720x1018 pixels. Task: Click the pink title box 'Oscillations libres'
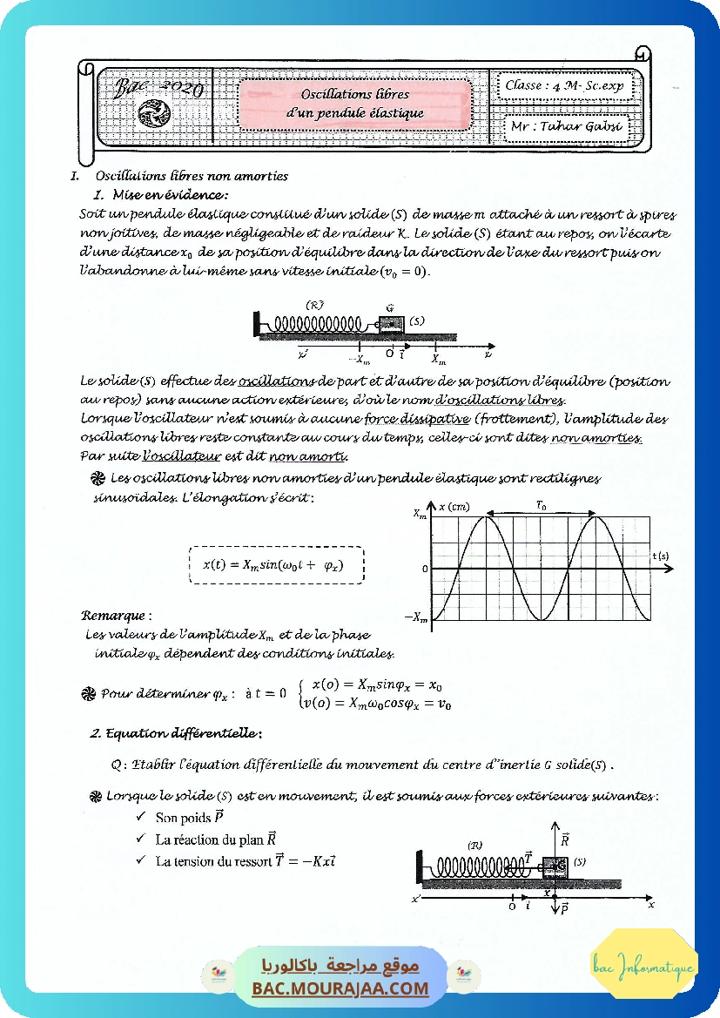click(x=354, y=103)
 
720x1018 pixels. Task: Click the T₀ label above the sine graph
click(x=541, y=505)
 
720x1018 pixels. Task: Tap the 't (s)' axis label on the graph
click(x=661, y=555)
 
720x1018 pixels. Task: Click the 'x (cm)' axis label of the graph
click(x=454, y=507)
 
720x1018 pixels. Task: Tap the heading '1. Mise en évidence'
click(x=160, y=193)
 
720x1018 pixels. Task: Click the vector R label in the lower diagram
click(x=565, y=839)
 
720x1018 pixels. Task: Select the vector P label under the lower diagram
click(x=563, y=909)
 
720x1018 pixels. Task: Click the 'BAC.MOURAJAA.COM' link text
click(x=340, y=988)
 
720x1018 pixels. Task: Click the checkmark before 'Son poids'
click(x=140, y=817)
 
